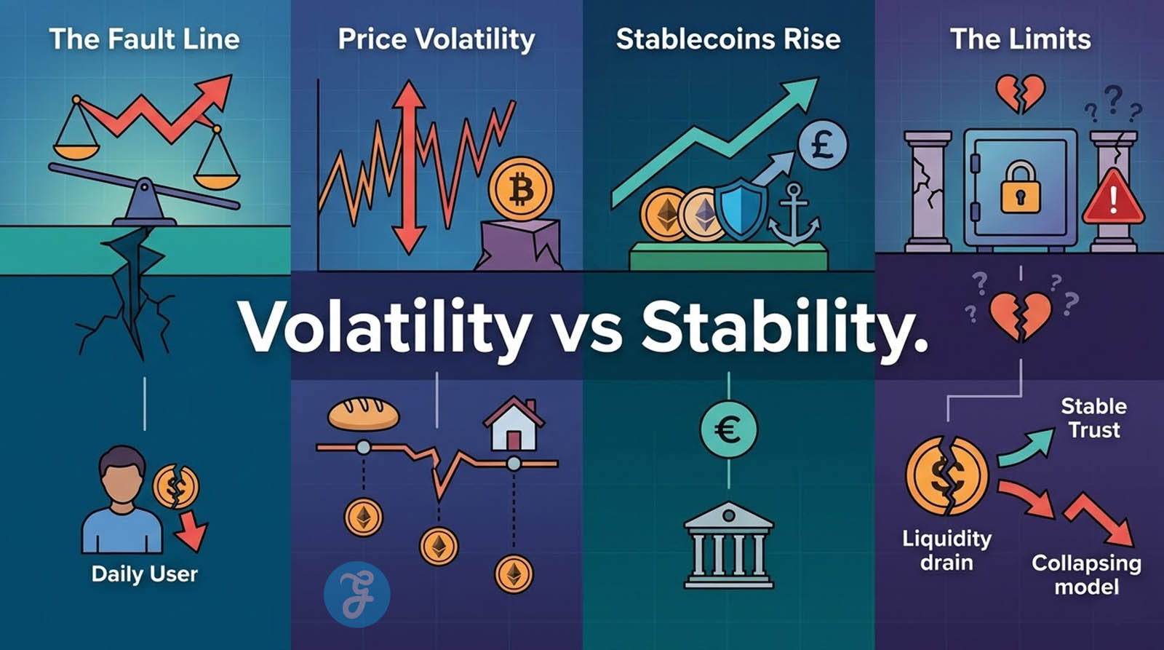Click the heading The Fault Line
click(x=145, y=39)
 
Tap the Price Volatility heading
click(x=436, y=39)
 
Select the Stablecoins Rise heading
click(x=728, y=39)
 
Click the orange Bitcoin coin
click(x=521, y=189)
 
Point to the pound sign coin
click(x=823, y=144)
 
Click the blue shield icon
click(x=741, y=209)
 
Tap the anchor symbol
click(x=794, y=214)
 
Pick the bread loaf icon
click(x=363, y=414)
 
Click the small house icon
click(x=514, y=424)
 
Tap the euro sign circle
click(x=728, y=429)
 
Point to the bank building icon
click(x=728, y=545)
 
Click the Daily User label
click(x=145, y=574)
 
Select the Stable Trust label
click(x=1094, y=418)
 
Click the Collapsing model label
click(x=1087, y=575)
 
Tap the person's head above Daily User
click(x=122, y=475)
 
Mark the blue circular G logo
click(x=356, y=595)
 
